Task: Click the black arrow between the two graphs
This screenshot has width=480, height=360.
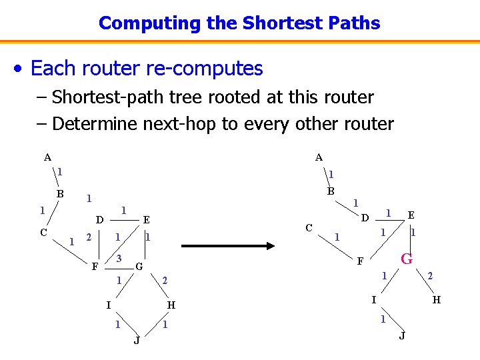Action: click(228, 245)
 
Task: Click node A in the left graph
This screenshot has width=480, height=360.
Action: click(47, 158)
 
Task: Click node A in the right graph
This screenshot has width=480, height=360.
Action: click(319, 158)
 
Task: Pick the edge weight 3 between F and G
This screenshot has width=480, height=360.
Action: click(119, 258)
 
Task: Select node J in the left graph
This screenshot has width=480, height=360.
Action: click(137, 341)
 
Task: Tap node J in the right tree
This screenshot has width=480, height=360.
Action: click(401, 335)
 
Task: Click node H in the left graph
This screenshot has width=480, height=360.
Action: click(171, 305)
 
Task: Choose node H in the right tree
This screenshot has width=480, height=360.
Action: click(436, 300)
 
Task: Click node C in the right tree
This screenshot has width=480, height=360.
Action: click(309, 227)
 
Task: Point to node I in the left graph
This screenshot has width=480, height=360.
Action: click(108, 305)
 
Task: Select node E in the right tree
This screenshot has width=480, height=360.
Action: click(411, 215)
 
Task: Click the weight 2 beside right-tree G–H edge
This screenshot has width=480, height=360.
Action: click(430, 275)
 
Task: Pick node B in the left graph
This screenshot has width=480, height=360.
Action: click(60, 194)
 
